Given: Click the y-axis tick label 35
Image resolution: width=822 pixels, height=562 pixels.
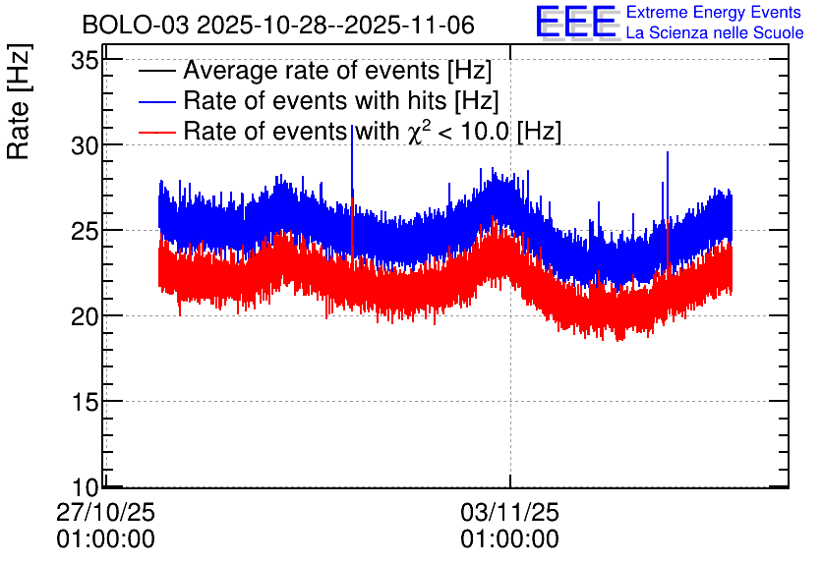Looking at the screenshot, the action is click(x=85, y=61).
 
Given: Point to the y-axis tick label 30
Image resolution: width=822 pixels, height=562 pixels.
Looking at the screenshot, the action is click(x=85, y=145).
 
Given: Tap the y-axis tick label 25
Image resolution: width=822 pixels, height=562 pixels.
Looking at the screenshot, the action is click(x=85, y=231).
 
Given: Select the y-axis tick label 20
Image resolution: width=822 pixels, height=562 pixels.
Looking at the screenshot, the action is click(x=85, y=315).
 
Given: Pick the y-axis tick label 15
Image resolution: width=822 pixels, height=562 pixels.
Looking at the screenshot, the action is click(x=85, y=401).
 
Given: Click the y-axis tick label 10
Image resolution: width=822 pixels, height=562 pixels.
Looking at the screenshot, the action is click(x=85, y=487).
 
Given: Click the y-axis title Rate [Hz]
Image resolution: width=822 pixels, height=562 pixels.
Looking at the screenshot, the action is click(x=19, y=101).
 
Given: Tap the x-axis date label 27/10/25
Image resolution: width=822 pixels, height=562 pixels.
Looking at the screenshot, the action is click(x=105, y=512).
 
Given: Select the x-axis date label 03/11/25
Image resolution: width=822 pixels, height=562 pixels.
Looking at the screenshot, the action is click(x=509, y=512).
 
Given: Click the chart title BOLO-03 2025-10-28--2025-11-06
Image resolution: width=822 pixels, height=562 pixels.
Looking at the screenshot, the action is click(x=278, y=26).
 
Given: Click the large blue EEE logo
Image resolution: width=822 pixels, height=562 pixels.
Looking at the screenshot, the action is click(x=577, y=22).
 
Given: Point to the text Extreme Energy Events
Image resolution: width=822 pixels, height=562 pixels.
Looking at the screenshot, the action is click(x=714, y=12).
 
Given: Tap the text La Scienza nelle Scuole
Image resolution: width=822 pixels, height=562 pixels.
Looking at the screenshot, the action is click(x=715, y=32).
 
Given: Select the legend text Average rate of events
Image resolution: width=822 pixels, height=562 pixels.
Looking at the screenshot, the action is click(x=312, y=70).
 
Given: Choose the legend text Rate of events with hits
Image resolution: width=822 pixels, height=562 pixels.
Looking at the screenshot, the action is click(x=315, y=100).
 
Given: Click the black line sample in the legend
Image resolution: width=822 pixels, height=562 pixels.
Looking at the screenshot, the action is click(x=156, y=72).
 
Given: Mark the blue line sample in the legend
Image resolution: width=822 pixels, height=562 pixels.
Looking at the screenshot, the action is click(x=156, y=101).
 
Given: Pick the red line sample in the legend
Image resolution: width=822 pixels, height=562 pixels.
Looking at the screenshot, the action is click(x=156, y=132).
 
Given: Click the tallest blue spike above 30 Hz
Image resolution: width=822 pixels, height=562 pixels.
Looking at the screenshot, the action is click(x=352, y=126).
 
